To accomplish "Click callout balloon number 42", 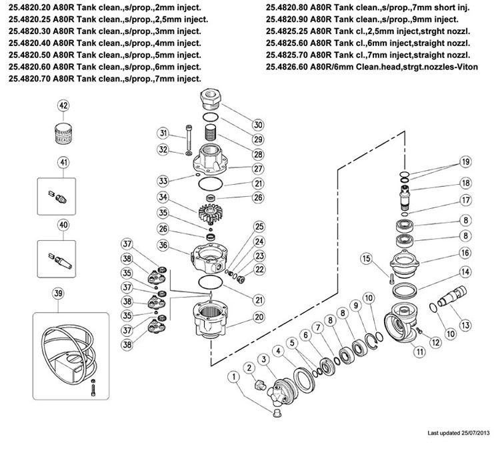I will tap(64, 106).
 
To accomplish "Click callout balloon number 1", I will tap(233, 377).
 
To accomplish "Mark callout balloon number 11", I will tap(420, 352).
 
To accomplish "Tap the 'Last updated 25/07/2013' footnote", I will tap(459, 433).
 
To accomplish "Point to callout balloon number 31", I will tap(162, 133).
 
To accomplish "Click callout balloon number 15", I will tap(365, 258).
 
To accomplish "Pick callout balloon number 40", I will tap(64, 225).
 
